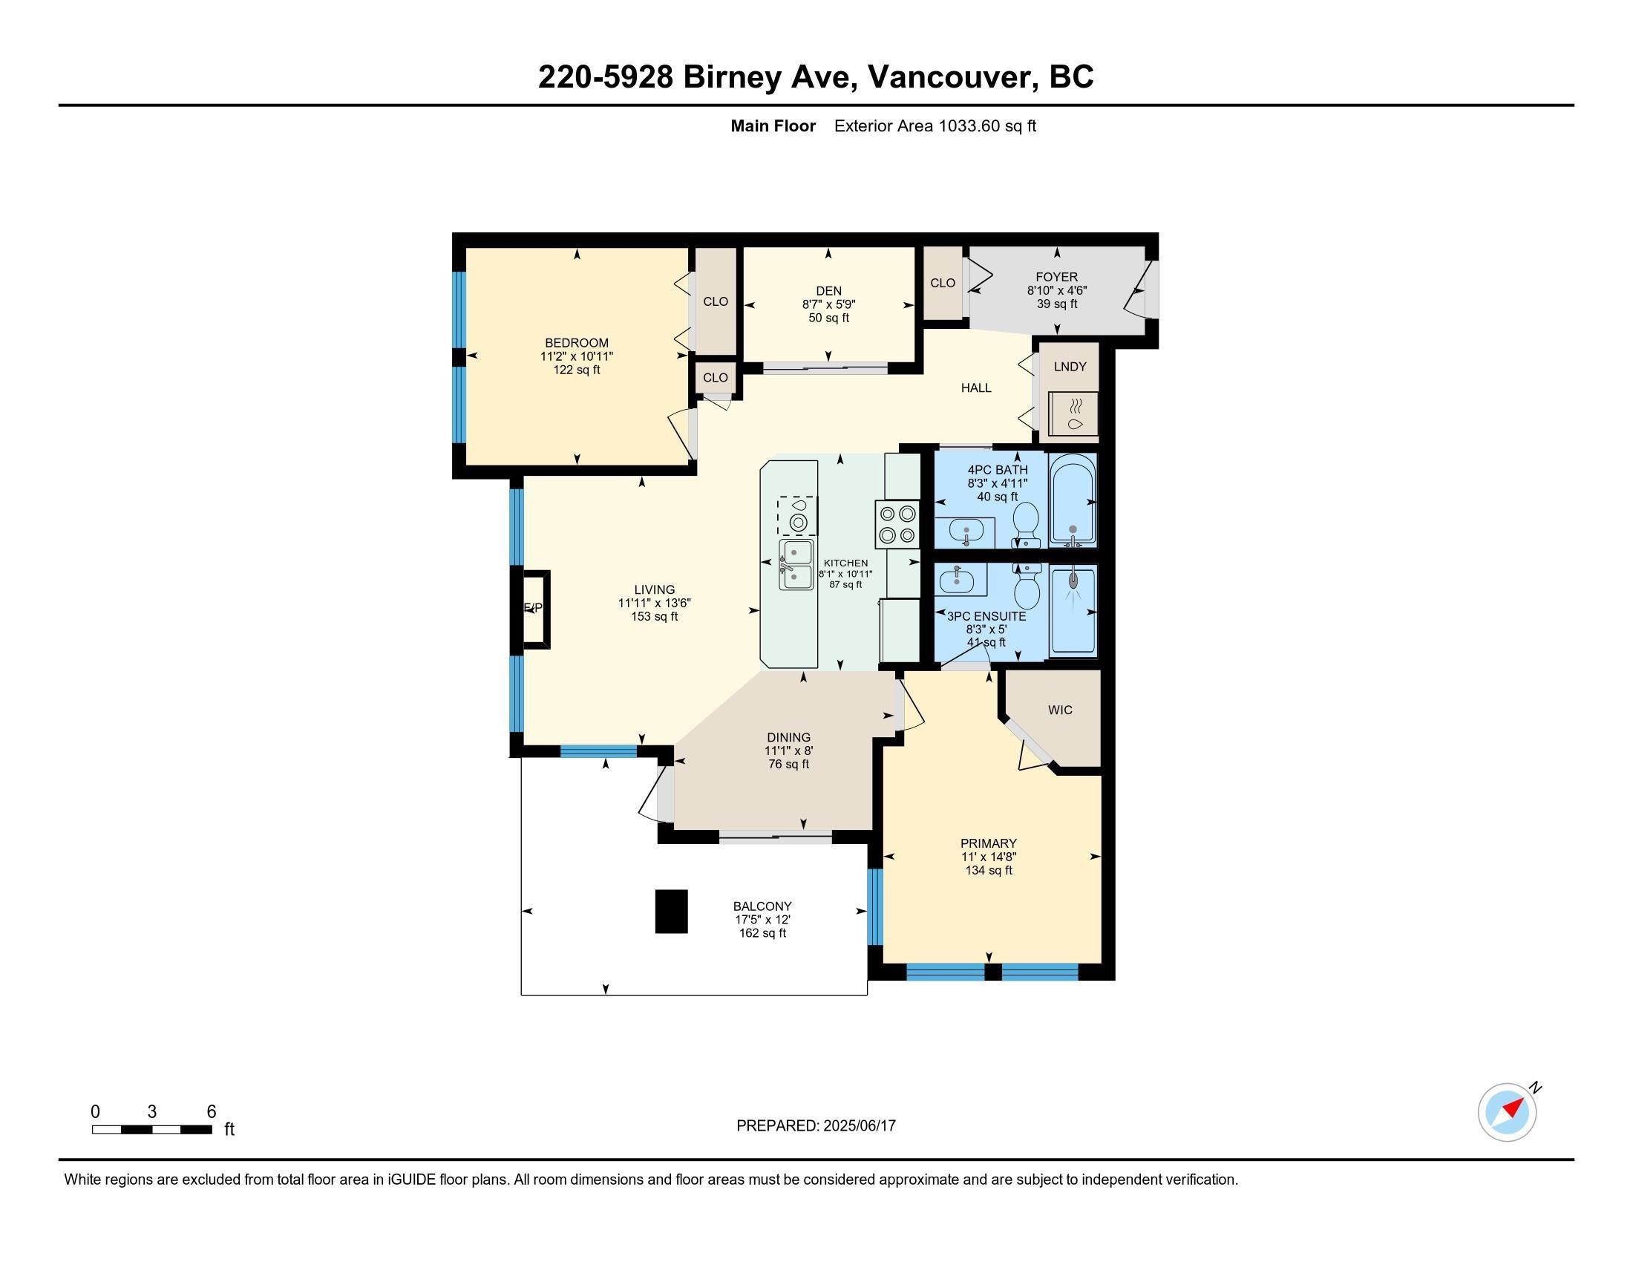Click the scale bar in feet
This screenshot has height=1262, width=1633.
coord(151,1130)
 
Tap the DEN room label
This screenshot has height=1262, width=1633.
coord(828,291)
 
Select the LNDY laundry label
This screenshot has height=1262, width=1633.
coord(1070,366)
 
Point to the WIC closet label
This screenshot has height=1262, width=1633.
coord(1060,710)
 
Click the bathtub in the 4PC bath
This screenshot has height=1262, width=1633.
coord(1073,500)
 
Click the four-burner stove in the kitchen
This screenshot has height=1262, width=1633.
coord(897,524)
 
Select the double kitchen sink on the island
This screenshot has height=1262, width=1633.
coord(796,564)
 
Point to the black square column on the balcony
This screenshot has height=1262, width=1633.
coord(672,911)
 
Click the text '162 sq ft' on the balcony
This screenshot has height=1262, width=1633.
coord(762,933)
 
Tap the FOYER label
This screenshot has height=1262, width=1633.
coord(1056,277)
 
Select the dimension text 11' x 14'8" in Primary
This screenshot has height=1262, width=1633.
coord(989,857)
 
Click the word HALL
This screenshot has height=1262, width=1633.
coord(976,388)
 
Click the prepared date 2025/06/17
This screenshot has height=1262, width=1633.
coord(859,1125)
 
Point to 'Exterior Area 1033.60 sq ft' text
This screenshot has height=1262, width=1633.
coord(935,125)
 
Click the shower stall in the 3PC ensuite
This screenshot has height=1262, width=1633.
coord(1073,610)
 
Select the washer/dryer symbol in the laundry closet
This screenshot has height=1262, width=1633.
coord(1075,413)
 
